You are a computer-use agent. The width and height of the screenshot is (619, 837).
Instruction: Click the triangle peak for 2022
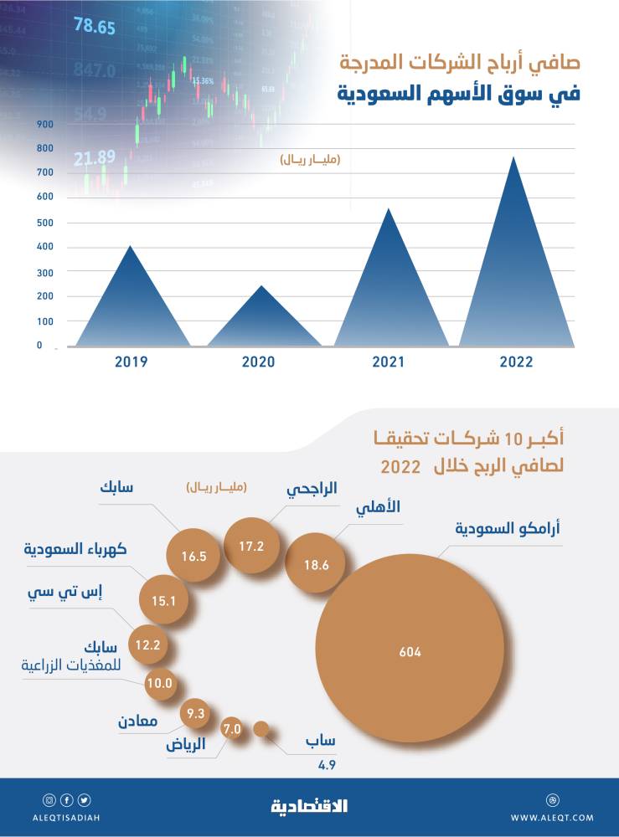point(513,158)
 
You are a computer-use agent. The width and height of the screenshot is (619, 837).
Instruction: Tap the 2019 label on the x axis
point(132,362)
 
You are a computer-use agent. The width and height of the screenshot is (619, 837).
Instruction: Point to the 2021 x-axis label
point(387,362)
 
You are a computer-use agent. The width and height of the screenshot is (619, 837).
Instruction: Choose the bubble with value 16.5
point(193,554)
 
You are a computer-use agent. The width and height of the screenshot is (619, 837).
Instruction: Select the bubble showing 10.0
point(158,683)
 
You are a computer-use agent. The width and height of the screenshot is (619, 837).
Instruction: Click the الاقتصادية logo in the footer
point(309,806)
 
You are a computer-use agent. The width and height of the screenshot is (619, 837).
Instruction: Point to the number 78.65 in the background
point(94,26)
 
